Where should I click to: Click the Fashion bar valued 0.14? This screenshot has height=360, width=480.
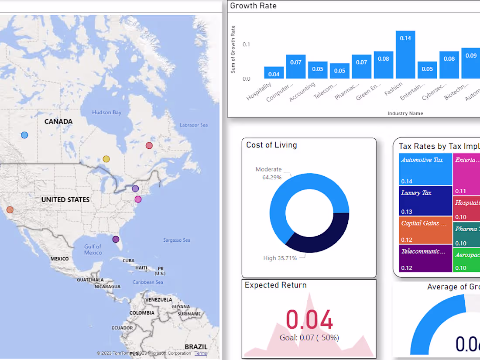tap(405, 55)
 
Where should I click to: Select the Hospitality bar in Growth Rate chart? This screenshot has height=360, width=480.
tap(274, 73)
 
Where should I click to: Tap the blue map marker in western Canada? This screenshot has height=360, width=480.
tap(24, 135)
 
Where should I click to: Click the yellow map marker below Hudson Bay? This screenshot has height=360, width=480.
tap(106, 159)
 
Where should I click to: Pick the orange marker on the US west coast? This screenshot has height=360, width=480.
tap(10, 210)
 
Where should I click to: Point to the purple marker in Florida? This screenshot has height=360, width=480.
tap(116, 239)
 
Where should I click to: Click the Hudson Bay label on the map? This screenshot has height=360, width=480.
tap(106, 113)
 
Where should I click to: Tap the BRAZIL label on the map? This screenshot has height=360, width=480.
tap(196, 347)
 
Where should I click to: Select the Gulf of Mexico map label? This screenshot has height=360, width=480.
tap(93, 250)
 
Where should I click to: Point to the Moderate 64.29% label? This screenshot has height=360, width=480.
tap(268, 173)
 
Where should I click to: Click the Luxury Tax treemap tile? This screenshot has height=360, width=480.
tap(425, 201)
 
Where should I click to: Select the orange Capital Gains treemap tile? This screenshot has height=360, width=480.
tap(425, 230)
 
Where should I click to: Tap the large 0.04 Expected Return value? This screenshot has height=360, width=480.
tap(309, 320)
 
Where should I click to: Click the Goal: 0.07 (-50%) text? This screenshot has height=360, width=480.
tap(309, 337)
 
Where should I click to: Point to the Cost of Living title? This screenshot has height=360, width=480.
tap(271, 145)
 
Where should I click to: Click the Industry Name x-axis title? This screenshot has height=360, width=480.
tap(405, 113)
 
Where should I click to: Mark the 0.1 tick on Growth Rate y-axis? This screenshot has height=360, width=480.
tap(246, 45)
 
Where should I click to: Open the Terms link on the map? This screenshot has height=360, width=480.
tap(201, 353)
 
